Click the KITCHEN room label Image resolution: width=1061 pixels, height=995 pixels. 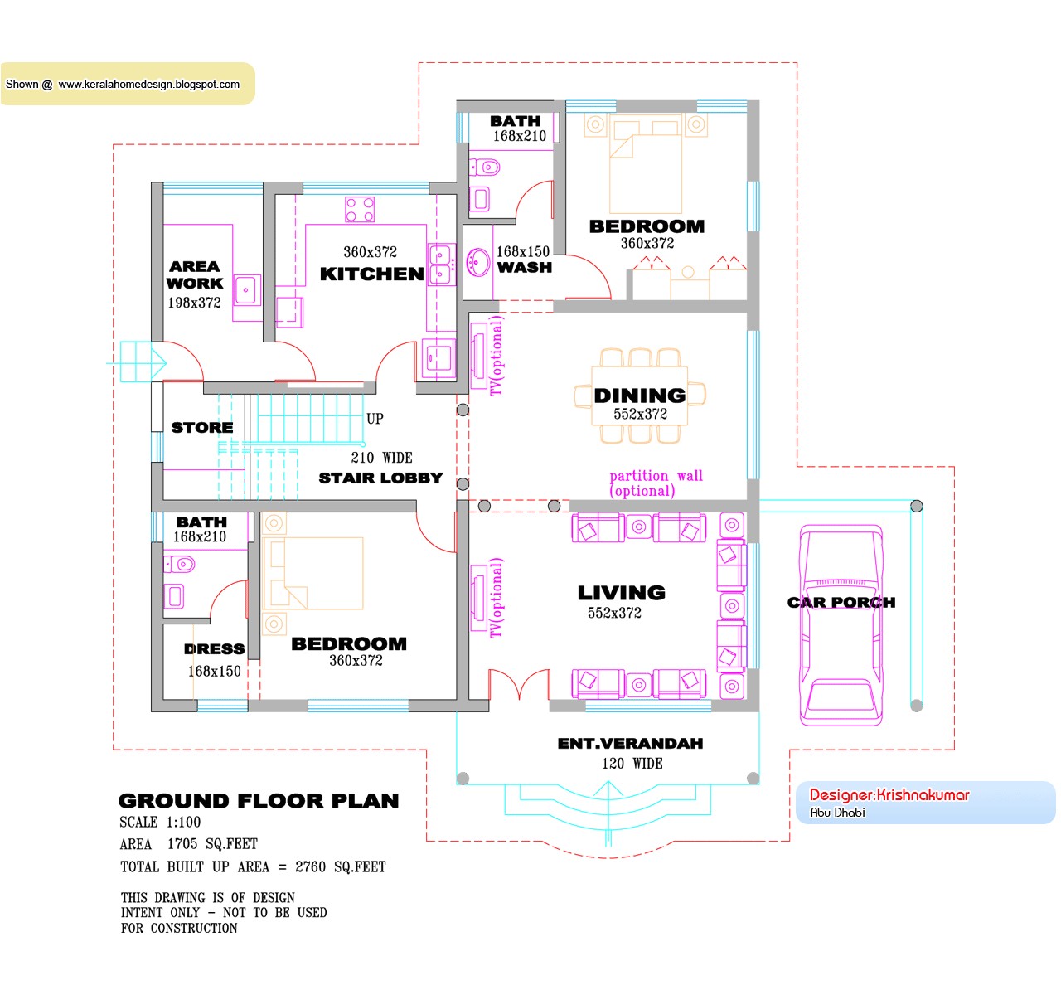click(x=371, y=274)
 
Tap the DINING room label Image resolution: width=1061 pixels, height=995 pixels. click(x=639, y=396)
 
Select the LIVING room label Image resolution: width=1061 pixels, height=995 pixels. click(x=621, y=593)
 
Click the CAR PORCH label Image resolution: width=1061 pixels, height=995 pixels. click(x=841, y=603)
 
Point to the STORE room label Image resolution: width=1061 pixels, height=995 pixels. click(x=201, y=428)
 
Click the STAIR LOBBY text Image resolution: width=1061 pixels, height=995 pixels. click(x=380, y=478)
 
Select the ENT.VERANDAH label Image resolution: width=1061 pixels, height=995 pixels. click(x=630, y=744)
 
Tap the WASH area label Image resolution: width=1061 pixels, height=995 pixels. click(x=524, y=268)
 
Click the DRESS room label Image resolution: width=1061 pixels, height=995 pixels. click(x=214, y=649)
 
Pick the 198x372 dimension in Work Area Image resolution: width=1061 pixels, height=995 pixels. click(x=194, y=303)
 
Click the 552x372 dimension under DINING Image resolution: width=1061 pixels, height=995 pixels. click(x=640, y=414)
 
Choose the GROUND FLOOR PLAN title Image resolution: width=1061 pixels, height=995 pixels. click(x=259, y=801)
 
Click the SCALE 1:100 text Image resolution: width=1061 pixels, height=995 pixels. click(x=160, y=823)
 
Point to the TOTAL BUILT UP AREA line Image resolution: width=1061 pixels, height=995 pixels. click(x=253, y=867)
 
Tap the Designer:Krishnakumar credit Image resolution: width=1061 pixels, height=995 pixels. click(x=889, y=795)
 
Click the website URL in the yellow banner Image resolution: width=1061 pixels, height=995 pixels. click(x=148, y=84)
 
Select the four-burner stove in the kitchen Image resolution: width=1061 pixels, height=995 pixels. click(x=360, y=210)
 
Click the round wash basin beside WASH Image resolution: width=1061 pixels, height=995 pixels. click(x=477, y=263)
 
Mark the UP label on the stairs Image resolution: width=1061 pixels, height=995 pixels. click(x=375, y=419)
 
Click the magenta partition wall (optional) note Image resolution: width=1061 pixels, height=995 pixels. click(x=655, y=483)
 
